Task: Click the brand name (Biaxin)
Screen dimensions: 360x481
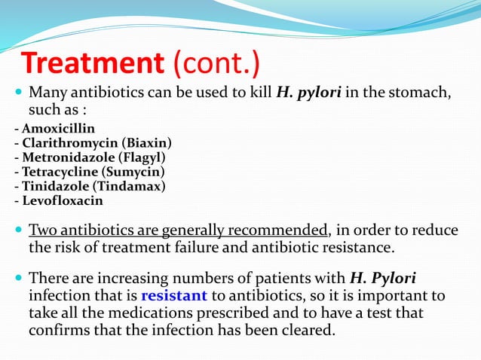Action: coord(146,142)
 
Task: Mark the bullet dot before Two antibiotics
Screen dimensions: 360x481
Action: coord(18,230)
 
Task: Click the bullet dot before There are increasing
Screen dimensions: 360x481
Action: coord(18,279)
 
